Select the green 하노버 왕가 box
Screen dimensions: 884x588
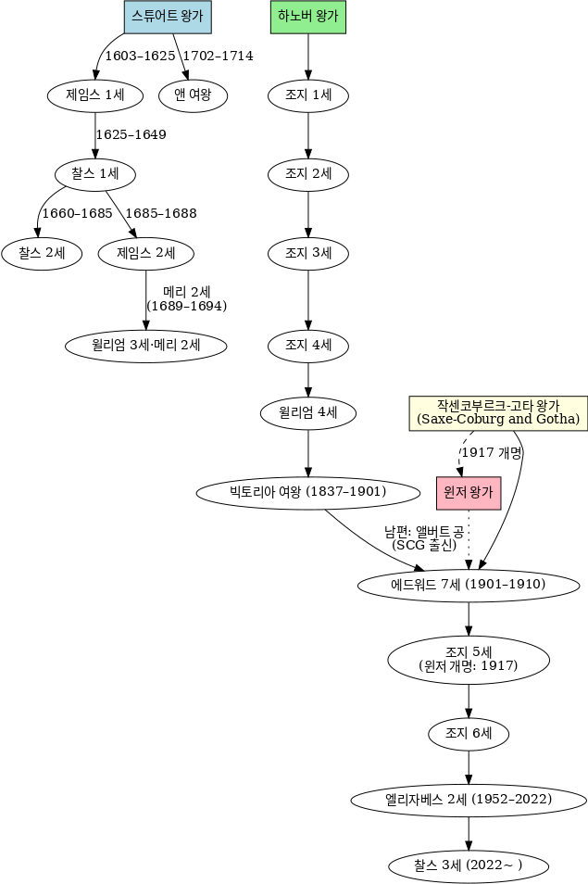(307, 16)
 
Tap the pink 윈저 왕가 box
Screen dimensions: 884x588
(468, 493)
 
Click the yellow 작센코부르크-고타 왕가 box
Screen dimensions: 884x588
(498, 413)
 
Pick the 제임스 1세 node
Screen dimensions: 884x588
(96, 95)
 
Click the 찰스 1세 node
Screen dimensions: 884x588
(96, 173)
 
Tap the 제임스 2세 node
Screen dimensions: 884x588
(145, 253)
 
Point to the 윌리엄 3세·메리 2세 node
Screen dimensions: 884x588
(146, 346)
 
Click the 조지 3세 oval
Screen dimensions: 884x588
(307, 253)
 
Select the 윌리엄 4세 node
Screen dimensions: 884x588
(307, 412)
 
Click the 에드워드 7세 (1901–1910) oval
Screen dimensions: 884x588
(469, 585)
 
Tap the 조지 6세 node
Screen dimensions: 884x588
(469, 733)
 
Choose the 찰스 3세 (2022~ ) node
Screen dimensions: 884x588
(469, 865)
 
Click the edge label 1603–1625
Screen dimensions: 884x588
(140, 57)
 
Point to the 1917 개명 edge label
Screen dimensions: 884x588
(492, 453)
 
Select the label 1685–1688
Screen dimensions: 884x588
(160, 213)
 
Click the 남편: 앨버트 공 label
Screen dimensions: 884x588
(424, 532)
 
